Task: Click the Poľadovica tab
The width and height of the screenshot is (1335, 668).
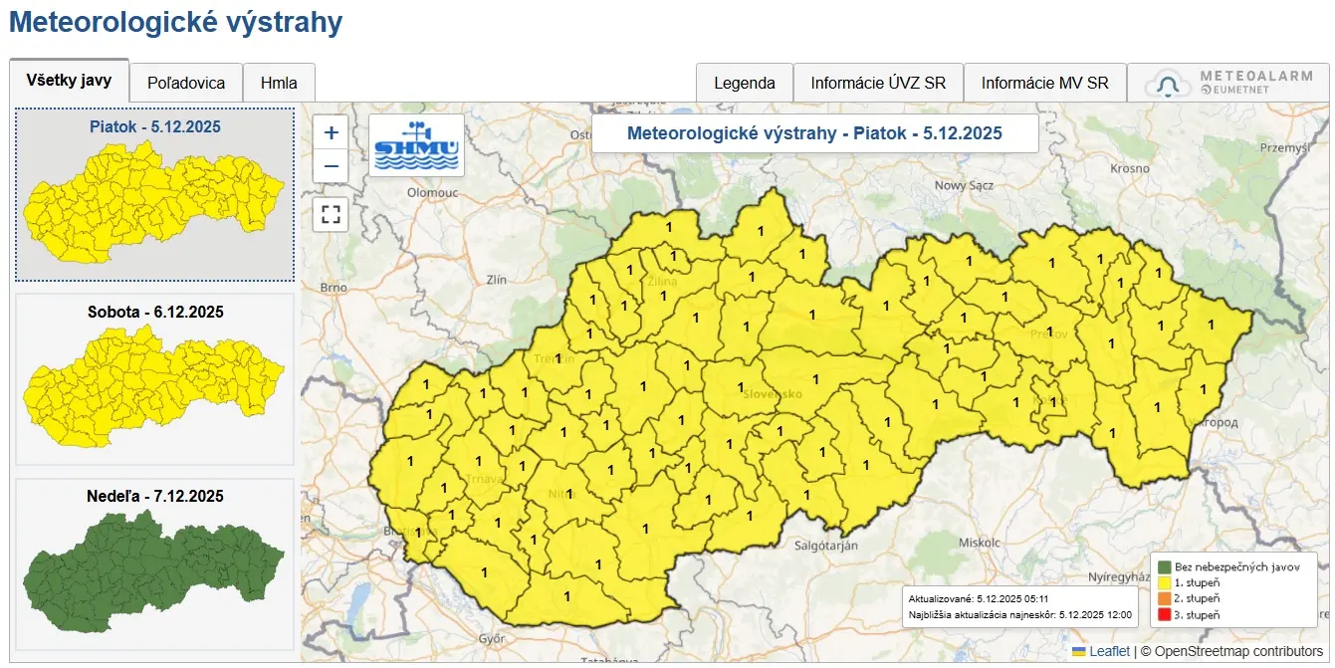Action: click(x=186, y=84)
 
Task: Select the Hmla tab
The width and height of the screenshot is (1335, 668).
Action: click(x=279, y=84)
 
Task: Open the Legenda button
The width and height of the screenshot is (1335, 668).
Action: click(x=745, y=84)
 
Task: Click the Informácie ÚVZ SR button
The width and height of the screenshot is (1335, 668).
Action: click(x=878, y=84)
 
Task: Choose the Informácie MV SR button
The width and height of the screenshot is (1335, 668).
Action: click(x=1045, y=84)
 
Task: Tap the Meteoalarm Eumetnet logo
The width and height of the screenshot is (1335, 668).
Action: click(x=1228, y=84)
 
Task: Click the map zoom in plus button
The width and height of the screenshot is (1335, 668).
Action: click(x=332, y=131)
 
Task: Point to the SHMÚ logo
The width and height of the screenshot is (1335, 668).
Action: click(x=416, y=145)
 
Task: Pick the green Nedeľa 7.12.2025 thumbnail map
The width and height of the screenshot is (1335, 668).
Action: click(x=154, y=572)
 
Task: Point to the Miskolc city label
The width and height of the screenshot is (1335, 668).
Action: click(x=979, y=543)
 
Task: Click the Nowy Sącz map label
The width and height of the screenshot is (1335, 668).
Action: click(x=965, y=185)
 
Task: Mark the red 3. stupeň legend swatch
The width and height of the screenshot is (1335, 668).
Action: click(x=1165, y=615)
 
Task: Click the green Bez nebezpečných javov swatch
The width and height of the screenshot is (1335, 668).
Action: click(x=1165, y=566)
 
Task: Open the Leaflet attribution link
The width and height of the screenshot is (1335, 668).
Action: click(x=1109, y=651)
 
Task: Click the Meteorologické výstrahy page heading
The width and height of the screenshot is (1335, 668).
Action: click(x=176, y=23)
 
